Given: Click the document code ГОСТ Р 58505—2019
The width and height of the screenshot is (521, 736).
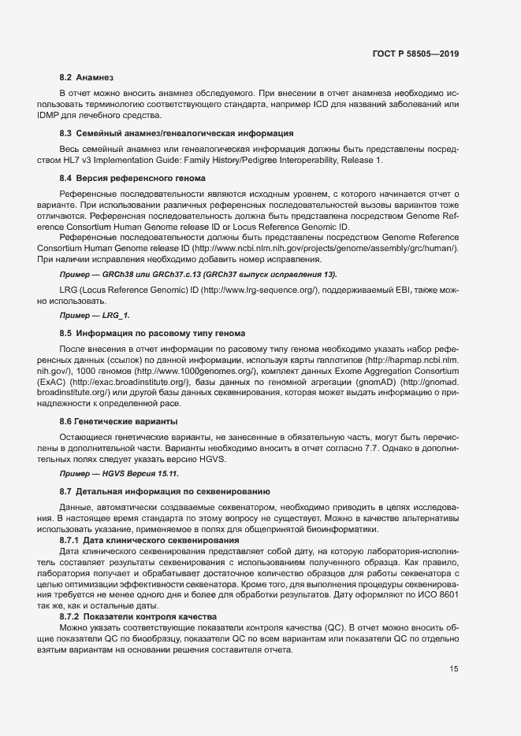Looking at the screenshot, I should (x=416, y=54).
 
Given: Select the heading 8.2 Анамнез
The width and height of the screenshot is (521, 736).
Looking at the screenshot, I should (x=87, y=78).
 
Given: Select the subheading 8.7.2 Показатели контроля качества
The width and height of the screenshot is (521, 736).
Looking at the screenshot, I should (x=143, y=616).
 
